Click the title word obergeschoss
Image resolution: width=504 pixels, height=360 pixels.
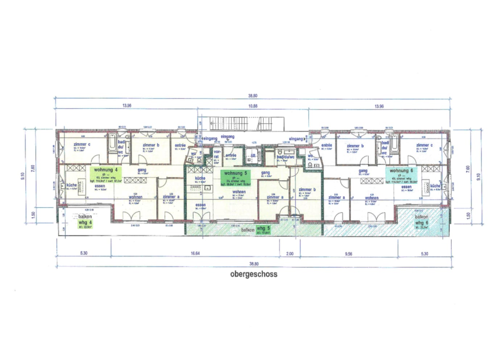[254, 274]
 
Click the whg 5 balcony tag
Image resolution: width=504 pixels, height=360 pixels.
[263, 230]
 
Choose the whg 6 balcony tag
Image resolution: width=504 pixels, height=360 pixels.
[422, 224]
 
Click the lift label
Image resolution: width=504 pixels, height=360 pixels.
[253, 156]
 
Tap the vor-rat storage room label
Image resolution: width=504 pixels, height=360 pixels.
[216, 155]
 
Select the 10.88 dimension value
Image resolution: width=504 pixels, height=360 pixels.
[253, 106]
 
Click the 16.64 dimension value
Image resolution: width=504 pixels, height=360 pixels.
[195, 253]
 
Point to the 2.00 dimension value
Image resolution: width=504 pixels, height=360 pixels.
[290, 254]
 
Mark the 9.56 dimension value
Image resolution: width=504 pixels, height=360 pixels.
[348, 254]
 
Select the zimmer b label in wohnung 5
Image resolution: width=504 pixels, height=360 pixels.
[307, 189]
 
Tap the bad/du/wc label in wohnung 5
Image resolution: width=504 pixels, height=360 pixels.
[286, 157]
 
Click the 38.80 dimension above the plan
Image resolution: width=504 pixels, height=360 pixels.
[253, 96]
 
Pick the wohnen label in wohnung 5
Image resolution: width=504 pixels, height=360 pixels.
[239, 192]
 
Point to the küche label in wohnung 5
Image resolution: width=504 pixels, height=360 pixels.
[200, 178]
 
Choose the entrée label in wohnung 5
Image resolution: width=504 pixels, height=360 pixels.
[231, 155]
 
